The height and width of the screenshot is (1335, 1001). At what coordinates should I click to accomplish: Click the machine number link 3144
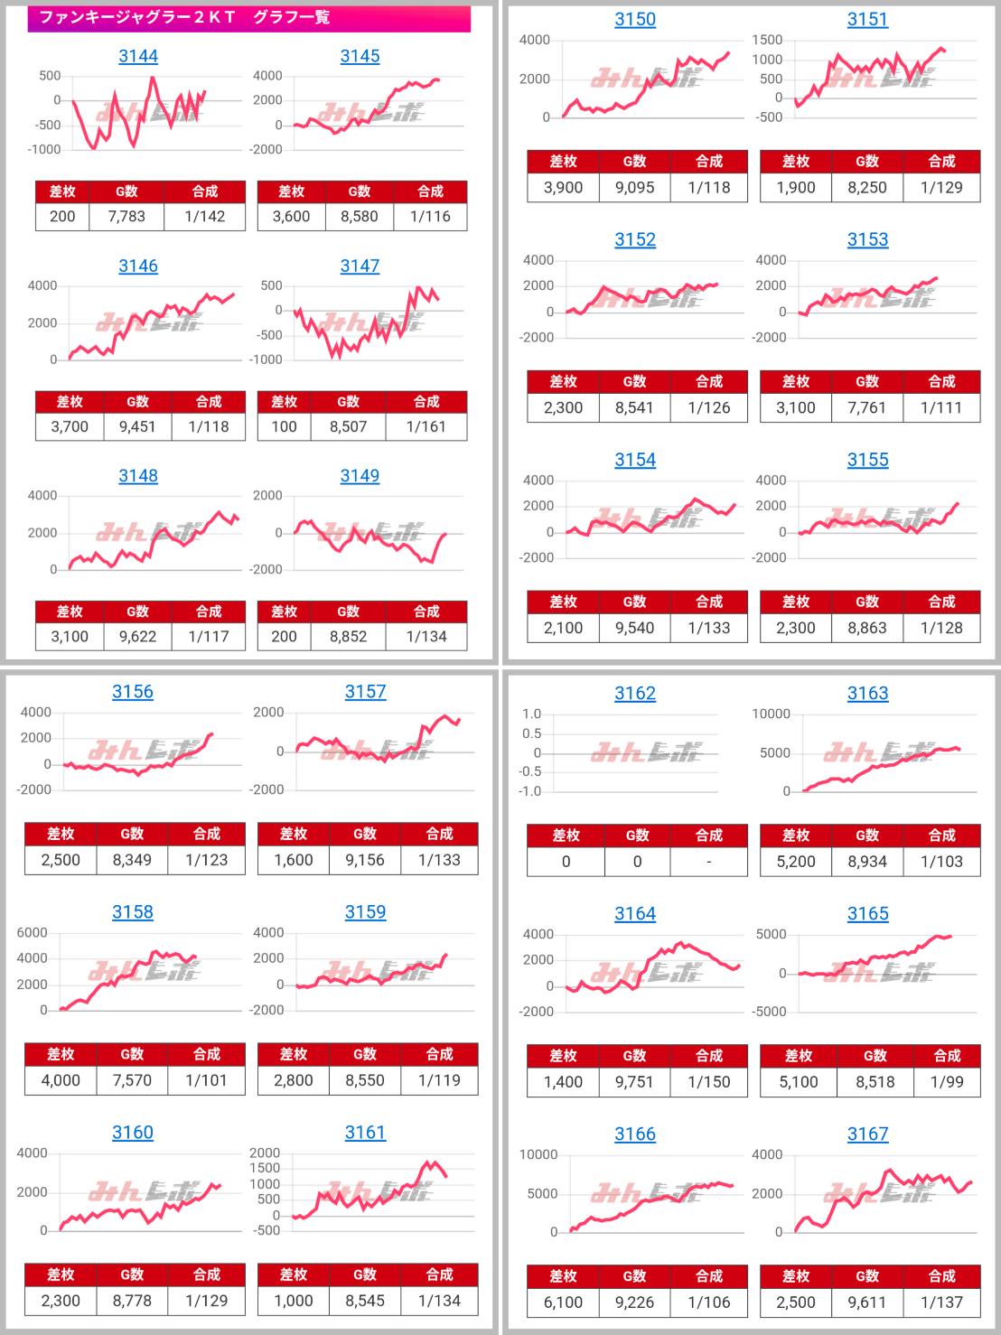pos(138,57)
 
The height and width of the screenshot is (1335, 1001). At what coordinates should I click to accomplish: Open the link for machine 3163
pos(867,694)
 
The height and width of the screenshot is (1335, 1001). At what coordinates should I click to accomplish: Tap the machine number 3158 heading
pos(133,912)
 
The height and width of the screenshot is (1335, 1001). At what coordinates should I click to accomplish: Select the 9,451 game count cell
pos(137,426)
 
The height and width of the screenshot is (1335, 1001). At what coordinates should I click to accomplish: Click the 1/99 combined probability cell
pos(947,1081)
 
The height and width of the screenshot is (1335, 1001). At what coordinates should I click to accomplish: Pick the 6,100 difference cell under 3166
pos(563,1302)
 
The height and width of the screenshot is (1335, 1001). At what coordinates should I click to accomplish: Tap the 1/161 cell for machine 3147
pos(426,426)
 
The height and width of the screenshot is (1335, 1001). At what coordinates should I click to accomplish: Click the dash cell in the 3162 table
pos(709,862)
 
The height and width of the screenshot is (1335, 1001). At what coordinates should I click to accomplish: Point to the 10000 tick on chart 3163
pos(771,714)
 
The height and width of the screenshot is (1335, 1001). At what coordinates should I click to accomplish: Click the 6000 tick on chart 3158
pos(32,932)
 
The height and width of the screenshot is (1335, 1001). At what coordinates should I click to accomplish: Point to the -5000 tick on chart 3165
pos(769,1012)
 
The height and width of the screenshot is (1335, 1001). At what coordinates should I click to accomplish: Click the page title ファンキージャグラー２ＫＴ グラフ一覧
pos(184,17)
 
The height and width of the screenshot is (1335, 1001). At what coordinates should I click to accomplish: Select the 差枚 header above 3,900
pos(563,162)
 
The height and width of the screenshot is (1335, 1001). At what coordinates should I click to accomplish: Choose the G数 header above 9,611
pos(867,1276)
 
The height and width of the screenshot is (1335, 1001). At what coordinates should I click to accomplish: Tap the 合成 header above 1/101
pos(207,1054)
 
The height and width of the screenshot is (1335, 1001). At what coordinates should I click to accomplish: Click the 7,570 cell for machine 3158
pos(132,1080)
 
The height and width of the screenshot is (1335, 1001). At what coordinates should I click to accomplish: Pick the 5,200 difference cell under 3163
pos(796,862)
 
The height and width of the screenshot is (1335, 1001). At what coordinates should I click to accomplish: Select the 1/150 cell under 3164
pos(709,1081)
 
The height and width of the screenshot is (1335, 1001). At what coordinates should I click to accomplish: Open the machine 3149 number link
pos(360,476)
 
